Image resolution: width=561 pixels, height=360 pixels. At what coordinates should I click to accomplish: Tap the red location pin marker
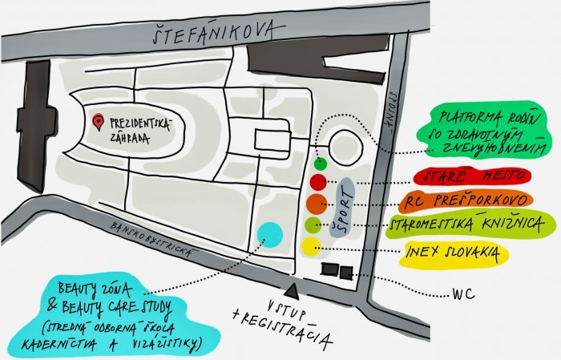[98, 122]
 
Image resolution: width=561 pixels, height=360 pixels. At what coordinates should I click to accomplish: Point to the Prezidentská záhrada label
[140, 130]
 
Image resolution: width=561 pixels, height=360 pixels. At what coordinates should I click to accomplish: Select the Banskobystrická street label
[153, 237]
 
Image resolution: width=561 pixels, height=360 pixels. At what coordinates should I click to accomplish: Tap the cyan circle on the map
[270, 235]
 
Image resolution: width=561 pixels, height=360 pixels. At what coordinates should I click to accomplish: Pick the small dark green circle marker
[321, 164]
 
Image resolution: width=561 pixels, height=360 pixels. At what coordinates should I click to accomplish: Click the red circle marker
[318, 182]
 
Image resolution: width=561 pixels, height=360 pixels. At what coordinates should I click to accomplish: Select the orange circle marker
[317, 204]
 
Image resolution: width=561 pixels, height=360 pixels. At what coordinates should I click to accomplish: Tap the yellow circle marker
[311, 246]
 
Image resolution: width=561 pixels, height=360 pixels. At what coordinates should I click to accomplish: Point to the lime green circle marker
[313, 225]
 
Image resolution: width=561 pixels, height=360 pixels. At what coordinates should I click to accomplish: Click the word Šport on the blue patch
[342, 208]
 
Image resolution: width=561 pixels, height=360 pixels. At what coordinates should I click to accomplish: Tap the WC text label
[464, 294]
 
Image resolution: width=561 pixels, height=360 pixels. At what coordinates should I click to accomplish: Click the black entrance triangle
[293, 290]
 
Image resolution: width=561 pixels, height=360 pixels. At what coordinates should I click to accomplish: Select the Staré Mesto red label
[472, 176]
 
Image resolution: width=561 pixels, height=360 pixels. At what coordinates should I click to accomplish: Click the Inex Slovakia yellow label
[454, 253]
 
